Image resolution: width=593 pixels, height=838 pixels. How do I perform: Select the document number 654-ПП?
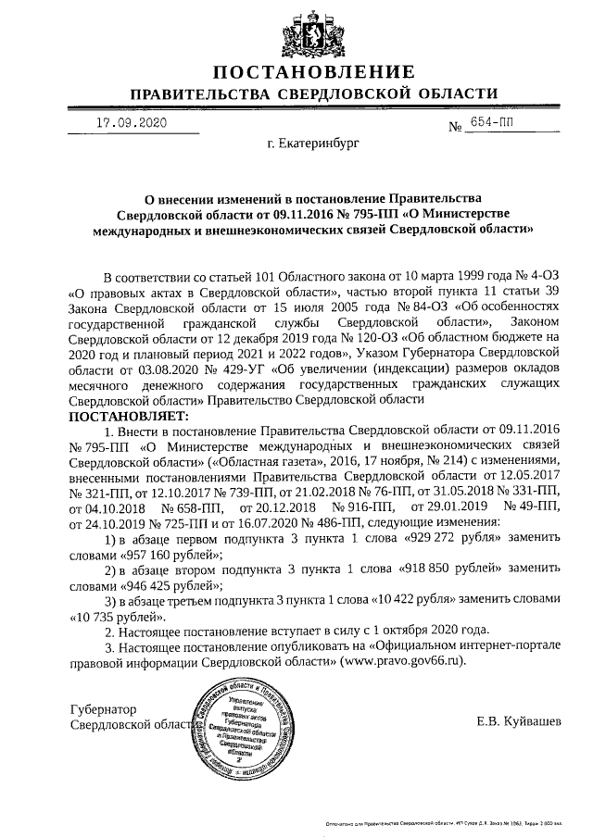click(495, 123)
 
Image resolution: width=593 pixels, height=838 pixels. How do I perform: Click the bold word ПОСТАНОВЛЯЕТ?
click(129, 416)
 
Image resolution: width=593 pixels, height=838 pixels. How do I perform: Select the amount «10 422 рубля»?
click(415, 599)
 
